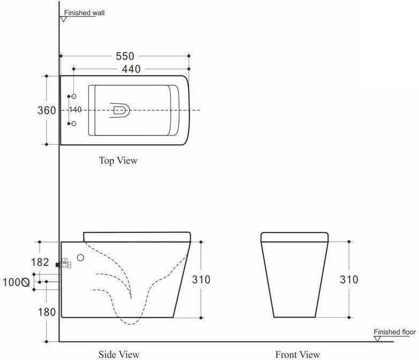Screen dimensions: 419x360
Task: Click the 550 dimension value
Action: click(x=125, y=56)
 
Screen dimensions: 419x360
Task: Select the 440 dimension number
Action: click(x=131, y=69)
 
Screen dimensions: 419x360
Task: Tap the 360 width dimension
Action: click(x=47, y=110)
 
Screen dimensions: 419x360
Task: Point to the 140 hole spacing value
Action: click(x=76, y=110)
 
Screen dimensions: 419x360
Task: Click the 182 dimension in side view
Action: click(x=40, y=262)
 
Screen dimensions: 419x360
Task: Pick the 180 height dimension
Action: click(x=47, y=312)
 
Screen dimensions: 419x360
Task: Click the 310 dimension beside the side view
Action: click(x=201, y=280)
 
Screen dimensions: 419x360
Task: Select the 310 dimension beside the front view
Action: click(x=349, y=280)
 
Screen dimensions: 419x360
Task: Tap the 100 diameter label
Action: click(x=12, y=282)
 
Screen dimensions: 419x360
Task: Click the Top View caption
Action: click(x=118, y=161)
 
